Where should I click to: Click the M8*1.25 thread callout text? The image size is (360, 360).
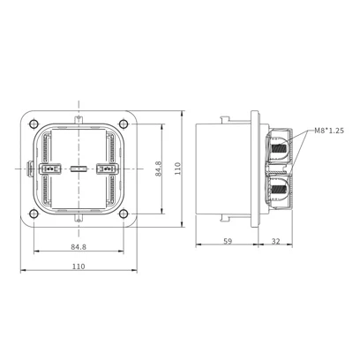pyautogui.click(x=329, y=131)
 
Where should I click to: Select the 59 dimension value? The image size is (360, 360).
pyautogui.click(x=228, y=241)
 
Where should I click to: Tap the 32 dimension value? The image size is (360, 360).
pyautogui.click(x=275, y=241)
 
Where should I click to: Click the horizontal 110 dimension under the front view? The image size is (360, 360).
pyautogui.click(x=79, y=266)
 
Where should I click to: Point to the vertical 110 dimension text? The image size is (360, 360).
pyautogui.click(x=178, y=169)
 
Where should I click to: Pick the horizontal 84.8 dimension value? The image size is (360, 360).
pyautogui.click(x=79, y=247)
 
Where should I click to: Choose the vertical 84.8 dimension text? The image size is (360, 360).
pyautogui.click(x=159, y=169)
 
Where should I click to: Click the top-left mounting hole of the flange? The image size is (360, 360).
pyautogui.click(x=34, y=124)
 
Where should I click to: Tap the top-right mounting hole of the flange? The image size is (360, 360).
pyautogui.click(x=124, y=124)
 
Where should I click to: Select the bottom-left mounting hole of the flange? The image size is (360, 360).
pyautogui.click(x=34, y=214)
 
